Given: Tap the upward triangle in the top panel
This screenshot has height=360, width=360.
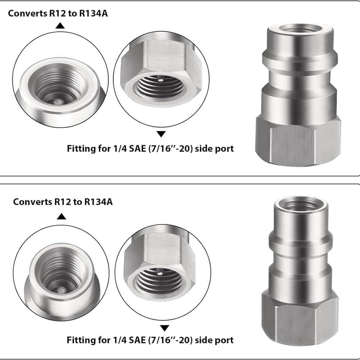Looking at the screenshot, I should coord(60,26).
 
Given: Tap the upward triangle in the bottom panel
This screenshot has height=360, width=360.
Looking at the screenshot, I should coord(62,217).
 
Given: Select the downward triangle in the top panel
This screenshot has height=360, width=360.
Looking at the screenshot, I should coord(161,134).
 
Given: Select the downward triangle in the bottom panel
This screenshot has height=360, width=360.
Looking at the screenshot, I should coord(164,328).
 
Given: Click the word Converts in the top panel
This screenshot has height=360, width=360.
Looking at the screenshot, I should coord(28,13).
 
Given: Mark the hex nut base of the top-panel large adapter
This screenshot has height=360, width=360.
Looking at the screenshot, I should coord(298,142).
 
